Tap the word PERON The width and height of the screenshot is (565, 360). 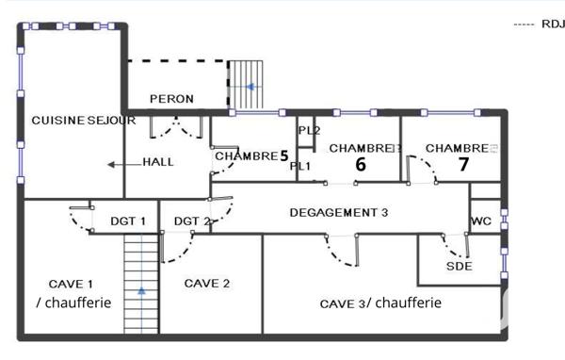click(x=171, y=99)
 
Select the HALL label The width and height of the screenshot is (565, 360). click(x=157, y=162)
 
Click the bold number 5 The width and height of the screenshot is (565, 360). click(x=282, y=156)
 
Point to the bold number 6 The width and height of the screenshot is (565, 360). click(x=360, y=164)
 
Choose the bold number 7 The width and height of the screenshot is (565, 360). click(x=462, y=163)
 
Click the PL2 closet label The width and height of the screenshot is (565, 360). click(x=309, y=130)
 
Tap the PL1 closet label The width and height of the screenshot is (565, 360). click(x=300, y=167)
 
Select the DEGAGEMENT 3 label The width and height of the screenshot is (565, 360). click(x=339, y=213)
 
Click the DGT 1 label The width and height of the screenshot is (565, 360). click(x=128, y=221)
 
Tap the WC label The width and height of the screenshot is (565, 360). click(x=482, y=222)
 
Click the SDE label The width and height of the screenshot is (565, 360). click(x=459, y=267)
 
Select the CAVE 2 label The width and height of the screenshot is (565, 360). click(x=207, y=283)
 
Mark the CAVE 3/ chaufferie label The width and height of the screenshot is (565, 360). click(x=380, y=303)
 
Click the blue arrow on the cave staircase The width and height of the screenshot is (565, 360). click(x=141, y=290)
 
